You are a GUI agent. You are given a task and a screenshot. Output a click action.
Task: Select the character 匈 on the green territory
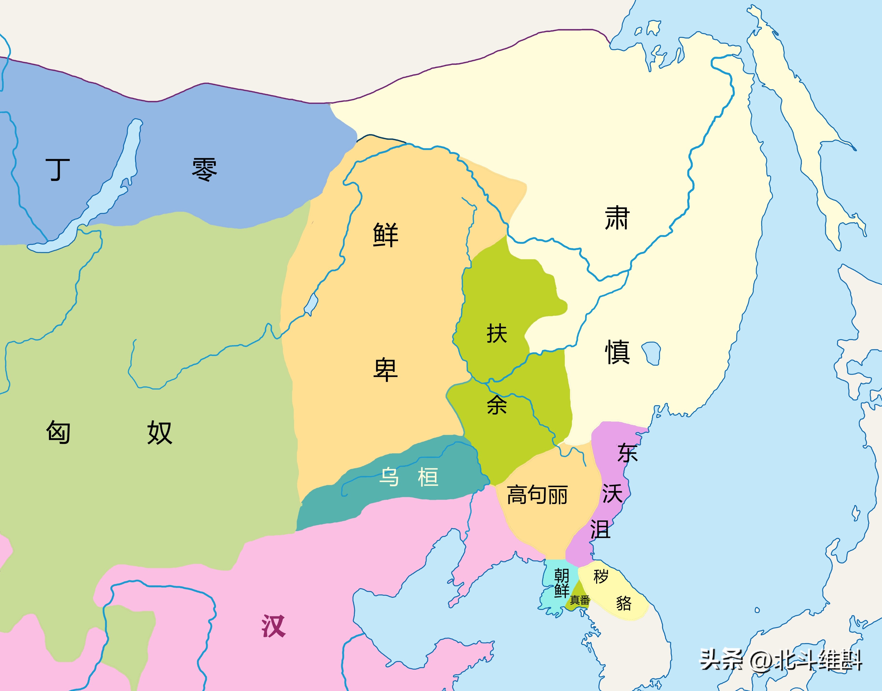pyautogui.click(x=58, y=432)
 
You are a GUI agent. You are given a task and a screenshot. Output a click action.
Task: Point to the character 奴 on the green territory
pyautogui.click(x=160, y=432)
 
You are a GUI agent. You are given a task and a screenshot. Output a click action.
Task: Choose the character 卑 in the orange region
pyautogui.click(x=385, y=369)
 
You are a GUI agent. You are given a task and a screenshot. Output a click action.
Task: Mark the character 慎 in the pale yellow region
pyautogui.click(x=617, y=352)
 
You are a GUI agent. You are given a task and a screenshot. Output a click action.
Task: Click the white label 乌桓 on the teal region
pyautogui.click(x=408, y=477)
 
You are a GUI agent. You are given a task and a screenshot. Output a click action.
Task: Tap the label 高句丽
pyautogui.click(x=537, y=495)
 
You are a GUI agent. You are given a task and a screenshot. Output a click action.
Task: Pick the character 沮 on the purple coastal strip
pyautogui.click(x=600, y=529)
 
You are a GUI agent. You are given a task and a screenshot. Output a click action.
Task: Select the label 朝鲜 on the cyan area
pyautogui.click(x=561, y=582)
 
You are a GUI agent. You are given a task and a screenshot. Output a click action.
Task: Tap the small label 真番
pyautogui.click(x=579, y=600)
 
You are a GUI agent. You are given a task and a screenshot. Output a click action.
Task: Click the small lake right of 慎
pyautogui.click(x=651, y=353)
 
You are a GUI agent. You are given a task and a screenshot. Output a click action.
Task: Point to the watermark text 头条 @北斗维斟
pyautogui.click(x=781, y=661)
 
